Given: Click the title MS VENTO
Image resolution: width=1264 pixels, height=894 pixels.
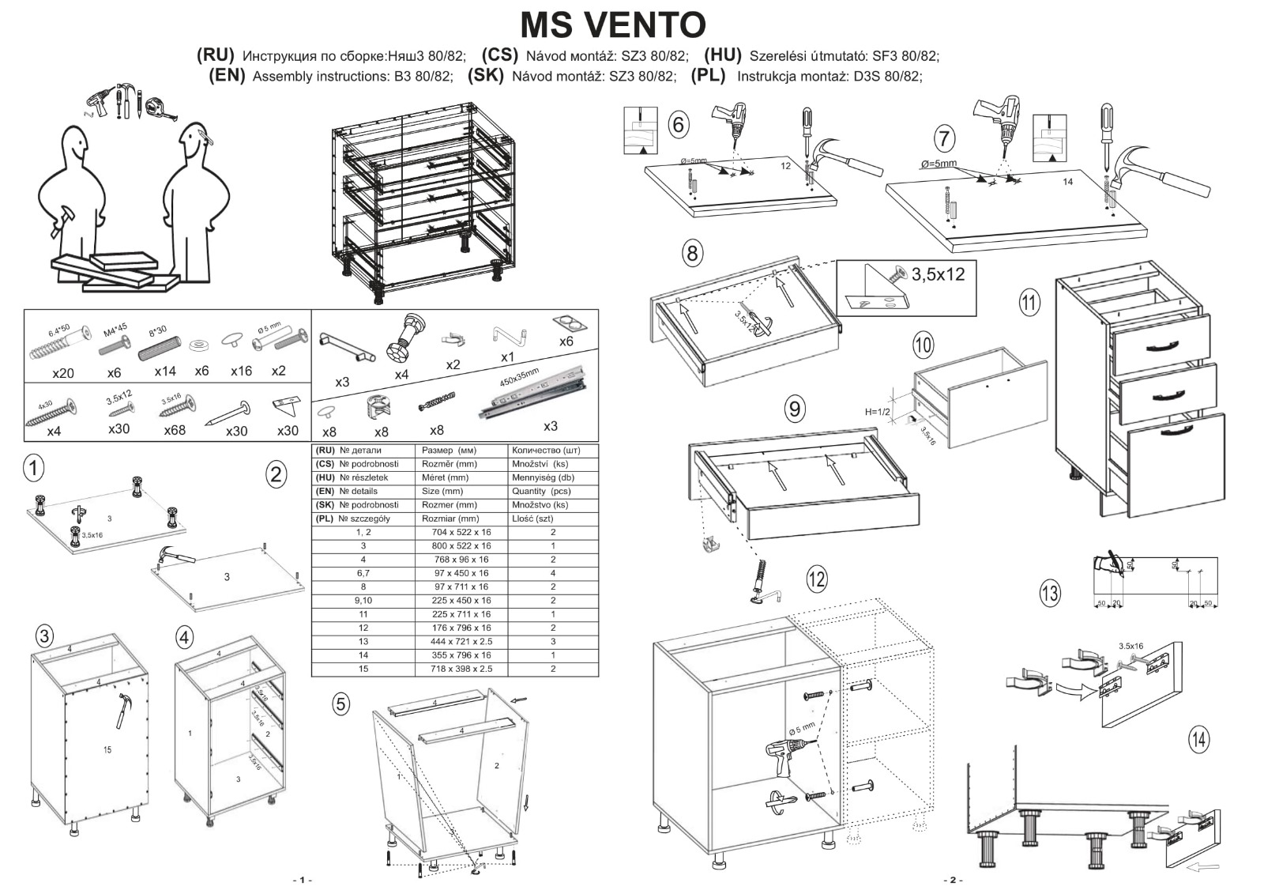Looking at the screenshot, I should [x=612, y=25].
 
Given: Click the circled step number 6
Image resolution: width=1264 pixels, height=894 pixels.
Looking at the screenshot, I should [x=678, y=125].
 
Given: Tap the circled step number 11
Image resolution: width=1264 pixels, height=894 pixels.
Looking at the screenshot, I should [x=1029, y=302].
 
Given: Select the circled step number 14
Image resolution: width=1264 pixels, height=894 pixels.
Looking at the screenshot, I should [x=1198, y=739].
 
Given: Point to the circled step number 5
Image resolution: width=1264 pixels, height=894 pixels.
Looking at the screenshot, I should [x=340, y=704].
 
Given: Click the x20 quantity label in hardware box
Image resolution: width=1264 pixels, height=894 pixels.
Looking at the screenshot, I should [x=62, y=372].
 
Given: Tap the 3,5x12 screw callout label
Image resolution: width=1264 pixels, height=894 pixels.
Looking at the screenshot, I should [x=938, y=275].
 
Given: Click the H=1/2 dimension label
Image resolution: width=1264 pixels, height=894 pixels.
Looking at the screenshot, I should [x=877, y=412].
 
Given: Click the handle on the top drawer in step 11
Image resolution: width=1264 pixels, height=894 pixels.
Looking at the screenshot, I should [x=1160, y=345].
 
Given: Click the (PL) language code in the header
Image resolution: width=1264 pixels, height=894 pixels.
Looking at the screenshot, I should [x=708, y=76].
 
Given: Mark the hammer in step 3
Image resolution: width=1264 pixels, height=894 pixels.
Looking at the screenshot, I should [x=124, y=709].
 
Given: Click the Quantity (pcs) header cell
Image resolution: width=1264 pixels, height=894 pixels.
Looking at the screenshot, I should [x=541, y=491].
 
